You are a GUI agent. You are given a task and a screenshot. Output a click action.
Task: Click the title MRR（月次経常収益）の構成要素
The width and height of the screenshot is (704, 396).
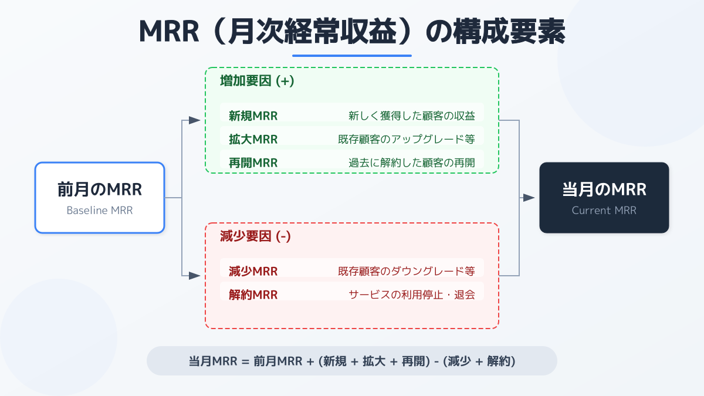pos(352,32)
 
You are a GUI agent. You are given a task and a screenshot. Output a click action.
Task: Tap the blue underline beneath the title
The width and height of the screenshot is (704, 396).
pos(352,56)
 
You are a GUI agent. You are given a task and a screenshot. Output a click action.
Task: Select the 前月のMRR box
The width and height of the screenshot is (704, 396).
pos(100,198)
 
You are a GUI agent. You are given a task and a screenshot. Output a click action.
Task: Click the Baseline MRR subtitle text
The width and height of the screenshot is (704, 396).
pos(100,211)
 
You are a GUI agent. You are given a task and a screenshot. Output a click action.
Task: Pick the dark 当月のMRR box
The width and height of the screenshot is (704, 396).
pos(604,198)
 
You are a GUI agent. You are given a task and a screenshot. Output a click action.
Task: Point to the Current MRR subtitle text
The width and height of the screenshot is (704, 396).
pos(604,211)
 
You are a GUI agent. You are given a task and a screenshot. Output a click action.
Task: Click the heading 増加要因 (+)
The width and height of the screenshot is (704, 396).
pos(257,81)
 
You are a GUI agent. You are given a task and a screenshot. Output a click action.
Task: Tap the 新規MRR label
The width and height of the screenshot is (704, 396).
pos(253,116)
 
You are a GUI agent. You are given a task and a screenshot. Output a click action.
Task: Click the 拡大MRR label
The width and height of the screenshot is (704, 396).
pos(253,139)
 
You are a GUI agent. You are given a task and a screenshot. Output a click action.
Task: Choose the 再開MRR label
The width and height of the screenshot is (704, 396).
pos(253,163)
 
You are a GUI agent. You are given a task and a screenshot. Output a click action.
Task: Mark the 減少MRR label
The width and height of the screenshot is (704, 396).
pos(253,271)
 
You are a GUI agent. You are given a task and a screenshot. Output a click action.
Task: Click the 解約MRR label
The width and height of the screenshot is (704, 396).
pos(253,295)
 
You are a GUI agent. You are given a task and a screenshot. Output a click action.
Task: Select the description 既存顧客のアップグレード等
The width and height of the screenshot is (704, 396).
pos(406,139)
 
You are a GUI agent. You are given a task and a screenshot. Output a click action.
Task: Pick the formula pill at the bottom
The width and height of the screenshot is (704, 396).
pos(352,361)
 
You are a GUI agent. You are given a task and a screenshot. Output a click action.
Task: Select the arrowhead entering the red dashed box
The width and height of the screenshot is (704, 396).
pos(195,276)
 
